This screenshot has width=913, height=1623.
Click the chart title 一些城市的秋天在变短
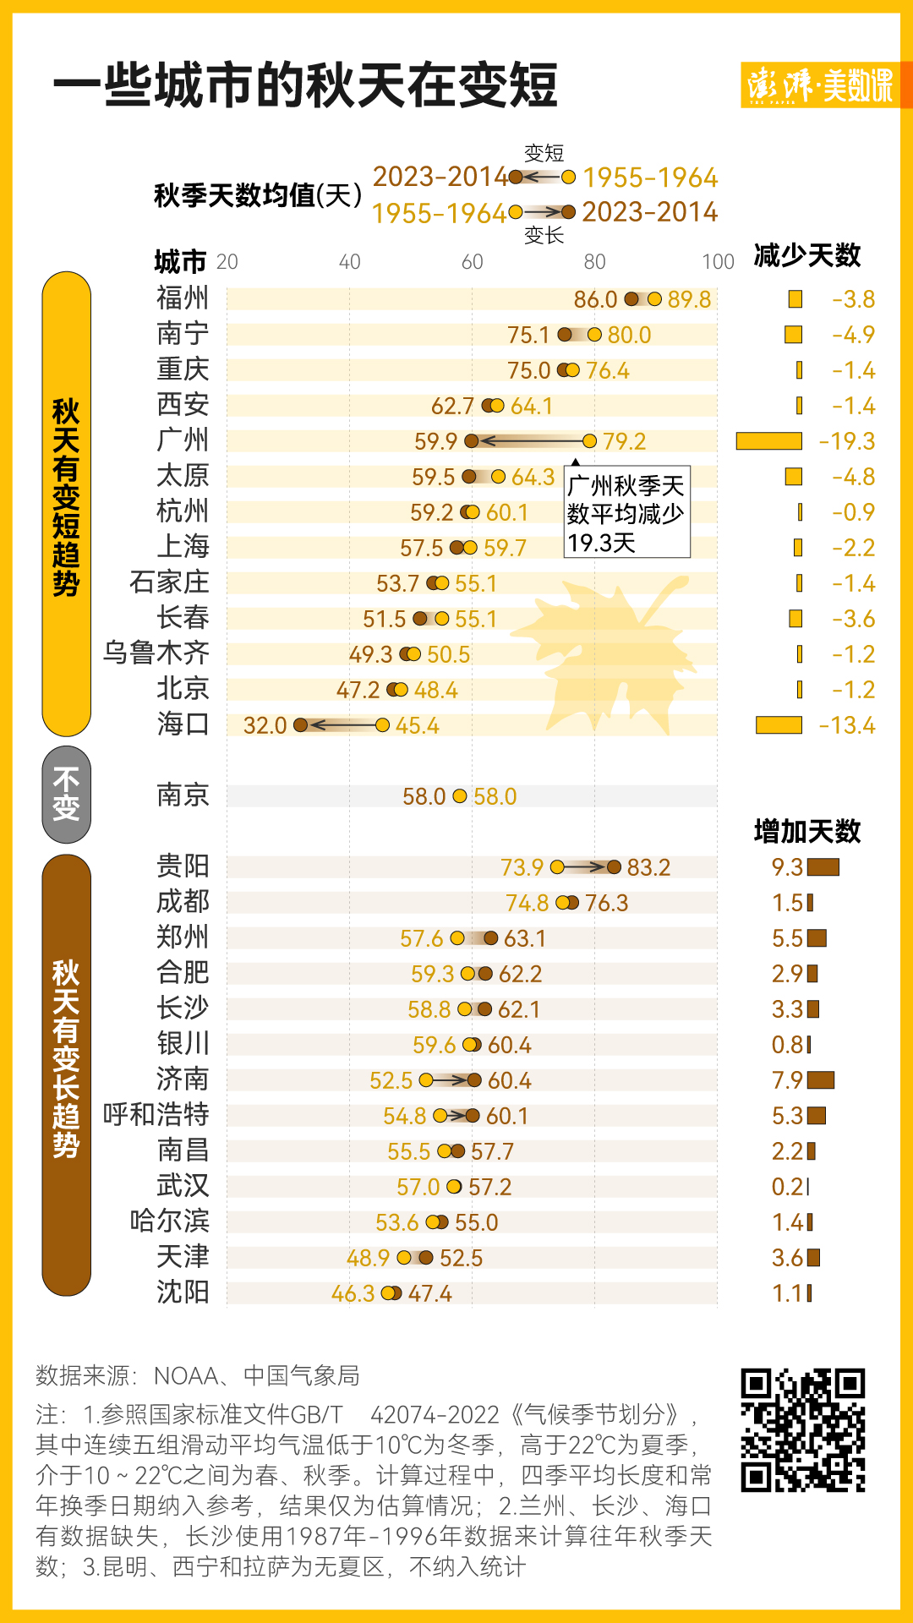click(x=305, y=85)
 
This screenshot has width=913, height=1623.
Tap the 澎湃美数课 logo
click(x=819, y=85)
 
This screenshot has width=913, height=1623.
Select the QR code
click(x=803, y=1429)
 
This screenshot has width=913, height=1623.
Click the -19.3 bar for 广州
click(x=768, y=440)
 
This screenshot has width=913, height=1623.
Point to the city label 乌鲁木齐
click(x=156, y=653)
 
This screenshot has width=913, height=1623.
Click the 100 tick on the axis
click(x=718, y=262)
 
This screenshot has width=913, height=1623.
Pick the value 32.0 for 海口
click(x=265, y=725)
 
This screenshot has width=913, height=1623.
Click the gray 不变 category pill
click(x=66, y=795)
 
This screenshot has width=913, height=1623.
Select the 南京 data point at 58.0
click(x=460, y=795)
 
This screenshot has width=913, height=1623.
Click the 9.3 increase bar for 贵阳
click(x=823, y=866)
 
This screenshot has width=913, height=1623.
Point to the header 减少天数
click(x=806, y=255)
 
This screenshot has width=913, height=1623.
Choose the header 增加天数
click(x=806, y=832)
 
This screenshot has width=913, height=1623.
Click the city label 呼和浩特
click(x=156, y=1115)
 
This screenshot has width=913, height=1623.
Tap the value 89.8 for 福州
click(x=689, y=299)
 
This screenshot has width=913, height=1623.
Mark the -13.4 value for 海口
click(x=846, y=725)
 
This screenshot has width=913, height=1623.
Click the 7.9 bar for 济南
click(x=820, y=1079)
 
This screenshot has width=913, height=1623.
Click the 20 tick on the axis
click(x=227, y=262)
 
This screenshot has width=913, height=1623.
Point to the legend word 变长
click(x=544, y=235)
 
